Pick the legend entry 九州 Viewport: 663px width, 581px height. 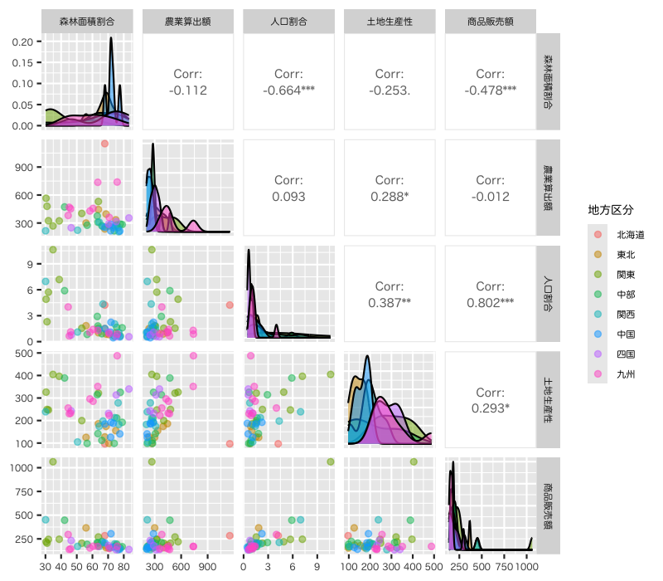(x=626, y=373)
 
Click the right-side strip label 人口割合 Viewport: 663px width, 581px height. (x=548, y=295)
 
